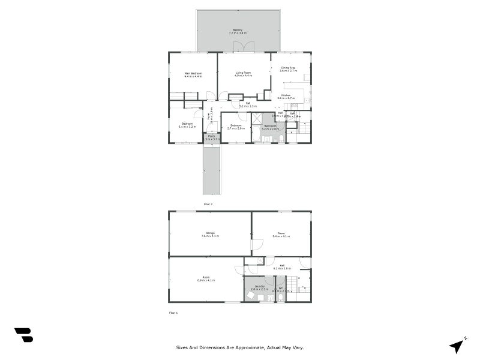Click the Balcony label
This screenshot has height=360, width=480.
pyautogui.click(x=238, y=29)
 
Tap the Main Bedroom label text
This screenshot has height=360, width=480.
pyautogui.click(x=193, y=73)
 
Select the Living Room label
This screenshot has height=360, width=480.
pyautogui.click(x=243, y=73)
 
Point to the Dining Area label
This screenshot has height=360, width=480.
pyautogui.click(x=289, y=68)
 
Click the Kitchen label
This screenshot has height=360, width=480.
pyautogui.click(x=286, y=96)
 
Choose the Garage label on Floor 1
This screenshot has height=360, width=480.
pyautogui.click(x=210, y=233)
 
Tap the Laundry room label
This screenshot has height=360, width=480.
pyautogui.click(x=259, y=286)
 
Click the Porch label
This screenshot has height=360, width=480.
pyautogui.click(x=211, y=136)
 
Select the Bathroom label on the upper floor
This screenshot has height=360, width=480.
pyautogui.click(x=271, y=126)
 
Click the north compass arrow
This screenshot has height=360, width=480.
pyautogui.click(x=458, y=346)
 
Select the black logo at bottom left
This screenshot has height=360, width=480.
pyautogui.click(x=23, y=335)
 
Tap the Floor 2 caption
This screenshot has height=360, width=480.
pyautogui.click(x=208, y=204)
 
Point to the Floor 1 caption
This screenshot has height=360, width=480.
pyautogui.click(x=173, y=313)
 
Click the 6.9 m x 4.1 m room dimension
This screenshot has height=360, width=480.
pyautogui.click(x=206, y=280)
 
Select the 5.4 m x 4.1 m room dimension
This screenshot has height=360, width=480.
pyautogui.click(x=281, y=236)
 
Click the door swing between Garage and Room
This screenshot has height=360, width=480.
pyautogui.click(x=257, y=245)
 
